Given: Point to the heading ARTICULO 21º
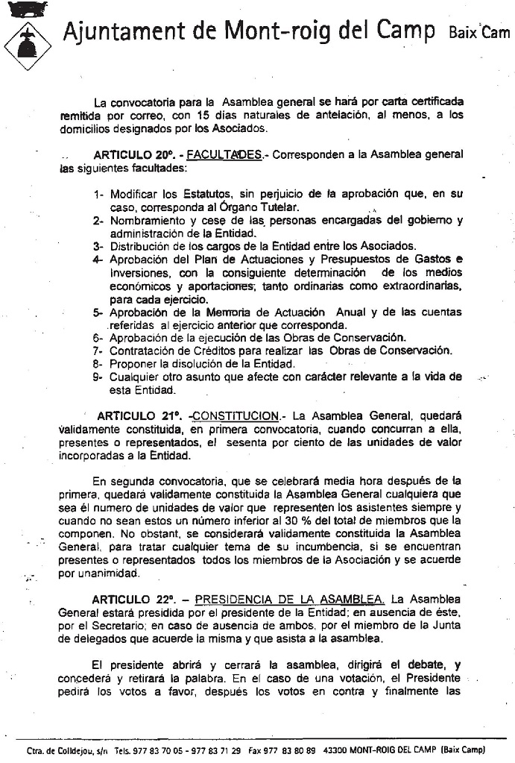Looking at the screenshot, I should pyautogui.click(x=138, y=415).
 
